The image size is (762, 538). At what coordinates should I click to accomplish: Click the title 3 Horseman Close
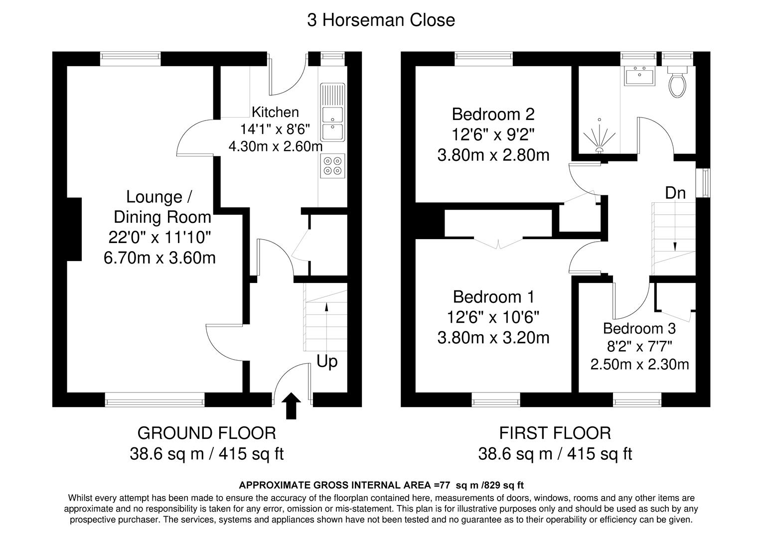(381, 20)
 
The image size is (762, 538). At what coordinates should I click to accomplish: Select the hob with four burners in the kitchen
(332, 166)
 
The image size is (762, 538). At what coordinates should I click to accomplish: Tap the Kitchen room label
(275, 112)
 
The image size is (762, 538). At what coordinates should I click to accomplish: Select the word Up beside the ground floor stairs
(327, 361)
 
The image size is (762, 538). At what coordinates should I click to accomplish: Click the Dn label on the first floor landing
(675, 193)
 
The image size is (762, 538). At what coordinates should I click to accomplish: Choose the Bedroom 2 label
(493, 115)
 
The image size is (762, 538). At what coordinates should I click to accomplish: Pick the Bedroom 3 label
(639, 329)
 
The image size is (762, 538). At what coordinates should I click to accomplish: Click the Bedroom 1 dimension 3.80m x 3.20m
(493, 338)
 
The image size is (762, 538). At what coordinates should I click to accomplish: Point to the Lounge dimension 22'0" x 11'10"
(159, 238)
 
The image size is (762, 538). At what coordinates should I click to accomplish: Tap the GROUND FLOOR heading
(206, 433)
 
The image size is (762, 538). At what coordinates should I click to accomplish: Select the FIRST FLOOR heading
(555, 433)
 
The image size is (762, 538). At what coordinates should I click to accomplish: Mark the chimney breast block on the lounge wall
(74, 229)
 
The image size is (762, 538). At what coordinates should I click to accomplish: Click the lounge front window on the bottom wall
(154, 399)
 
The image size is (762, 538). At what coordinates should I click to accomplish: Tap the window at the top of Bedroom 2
(483, 59)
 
